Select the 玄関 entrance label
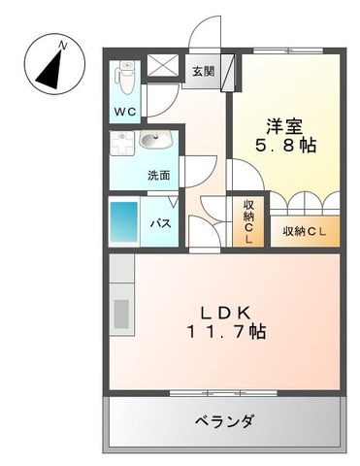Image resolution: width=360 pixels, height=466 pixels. (x=204, y=70)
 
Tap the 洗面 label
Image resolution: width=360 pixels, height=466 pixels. (x=160, y=176)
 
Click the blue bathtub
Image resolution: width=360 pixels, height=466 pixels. (x=124, y=221)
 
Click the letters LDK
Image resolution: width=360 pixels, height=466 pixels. (x=227, y=312)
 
